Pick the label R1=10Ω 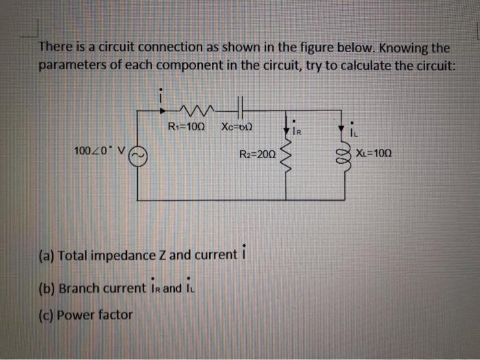coord(185,126)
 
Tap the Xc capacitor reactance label coord(237,126)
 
